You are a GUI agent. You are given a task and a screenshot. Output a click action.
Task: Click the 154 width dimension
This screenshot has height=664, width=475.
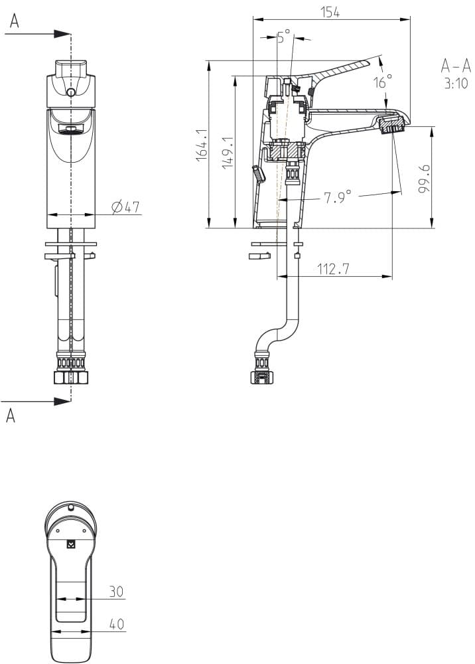[330, 12]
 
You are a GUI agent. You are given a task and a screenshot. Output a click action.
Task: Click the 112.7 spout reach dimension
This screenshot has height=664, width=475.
[334, 269]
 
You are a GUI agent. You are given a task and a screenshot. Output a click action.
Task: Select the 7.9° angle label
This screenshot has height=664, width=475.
[338, 197]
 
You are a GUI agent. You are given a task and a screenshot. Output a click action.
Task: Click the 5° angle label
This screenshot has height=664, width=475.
[284, 37]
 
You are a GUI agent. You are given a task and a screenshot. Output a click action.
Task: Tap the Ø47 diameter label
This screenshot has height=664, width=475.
[126, 207]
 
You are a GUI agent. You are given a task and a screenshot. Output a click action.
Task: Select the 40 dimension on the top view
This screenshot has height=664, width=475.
[116, 624]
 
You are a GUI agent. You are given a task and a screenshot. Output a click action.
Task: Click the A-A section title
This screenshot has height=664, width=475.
[455, 65]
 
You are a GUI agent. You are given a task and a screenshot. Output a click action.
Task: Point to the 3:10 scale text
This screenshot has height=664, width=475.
[456, 84]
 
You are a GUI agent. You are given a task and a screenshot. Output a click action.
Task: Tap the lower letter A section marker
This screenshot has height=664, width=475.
[11, 416]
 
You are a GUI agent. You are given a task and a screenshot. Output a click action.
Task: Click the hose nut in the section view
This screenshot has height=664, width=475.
[261, 377]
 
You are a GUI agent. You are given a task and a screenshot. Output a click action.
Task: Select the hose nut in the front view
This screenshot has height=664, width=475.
[70, 377]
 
